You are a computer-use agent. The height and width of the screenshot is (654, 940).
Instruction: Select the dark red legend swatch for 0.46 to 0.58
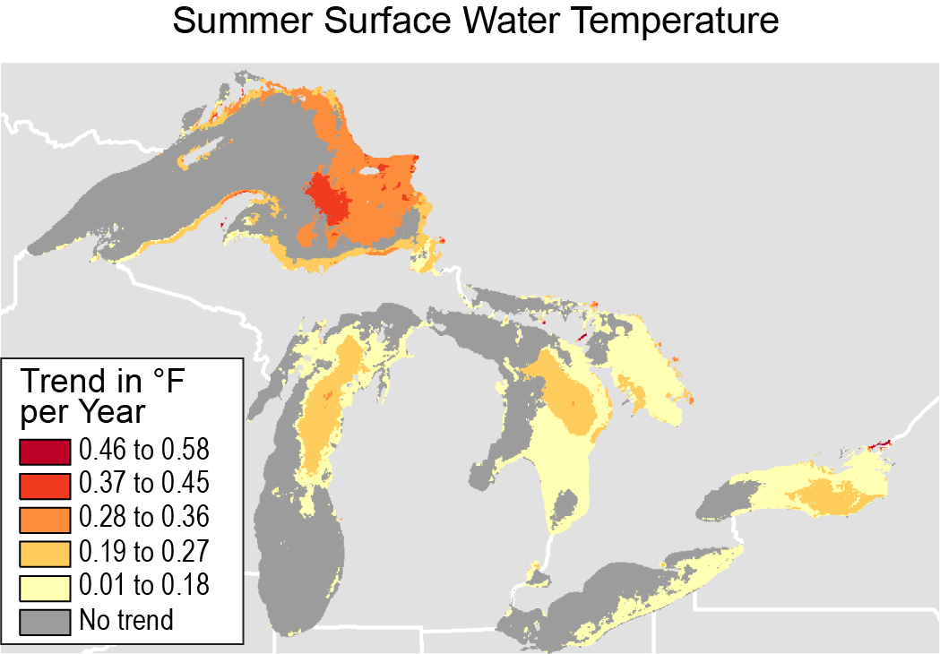pyautogui.click(x=44, y=450)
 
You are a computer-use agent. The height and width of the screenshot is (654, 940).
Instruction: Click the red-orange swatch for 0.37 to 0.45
pyautogui.click(x=44, y=484)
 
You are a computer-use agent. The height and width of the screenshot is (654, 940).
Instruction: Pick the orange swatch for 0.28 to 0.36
pyautogui.click(x=44, y=518)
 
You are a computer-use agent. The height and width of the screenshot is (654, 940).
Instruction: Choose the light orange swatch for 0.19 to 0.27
pyautogui.click(x=44, y=552)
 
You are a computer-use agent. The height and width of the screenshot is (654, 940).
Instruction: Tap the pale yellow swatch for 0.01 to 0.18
pyautogui.click(x=44, y=586)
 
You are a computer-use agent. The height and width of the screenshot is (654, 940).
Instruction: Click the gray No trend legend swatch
pyautogui.click(x=44, y=620)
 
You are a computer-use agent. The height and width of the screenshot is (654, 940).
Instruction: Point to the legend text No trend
pyautogui.click(x=126, y=620)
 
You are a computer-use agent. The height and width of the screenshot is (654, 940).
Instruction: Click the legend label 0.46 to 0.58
pyautogui.click(x=143, y=450)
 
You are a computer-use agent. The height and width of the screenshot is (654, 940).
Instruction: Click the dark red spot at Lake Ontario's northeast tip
pyautogui.click(x=881, y=444)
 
